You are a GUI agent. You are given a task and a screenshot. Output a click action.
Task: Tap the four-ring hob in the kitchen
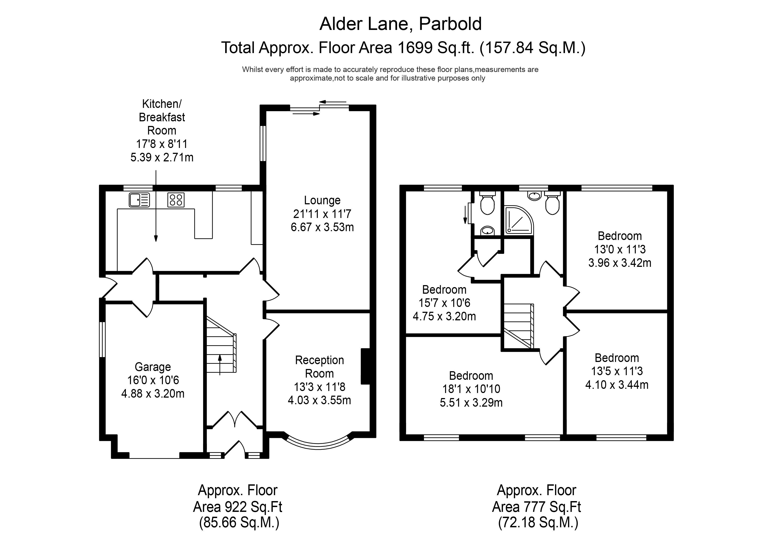[176, 200]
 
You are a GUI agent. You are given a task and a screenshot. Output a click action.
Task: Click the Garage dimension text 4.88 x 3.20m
[153, 394]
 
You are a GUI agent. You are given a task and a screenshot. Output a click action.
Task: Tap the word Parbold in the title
[450, 24]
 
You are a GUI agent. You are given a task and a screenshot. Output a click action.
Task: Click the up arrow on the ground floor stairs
[220, 364]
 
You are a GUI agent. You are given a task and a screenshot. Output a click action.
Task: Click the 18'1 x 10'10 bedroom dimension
[471, 389]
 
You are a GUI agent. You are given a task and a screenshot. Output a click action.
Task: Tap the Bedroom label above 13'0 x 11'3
[619, 236]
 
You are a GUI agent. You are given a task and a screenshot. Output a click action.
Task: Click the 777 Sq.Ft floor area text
[536, 507]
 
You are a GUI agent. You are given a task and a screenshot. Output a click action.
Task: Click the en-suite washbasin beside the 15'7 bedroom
[487, 231]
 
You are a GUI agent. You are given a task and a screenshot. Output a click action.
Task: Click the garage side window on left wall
[102, 339]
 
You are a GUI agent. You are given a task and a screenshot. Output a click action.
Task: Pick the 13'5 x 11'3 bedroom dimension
[617, 371]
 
